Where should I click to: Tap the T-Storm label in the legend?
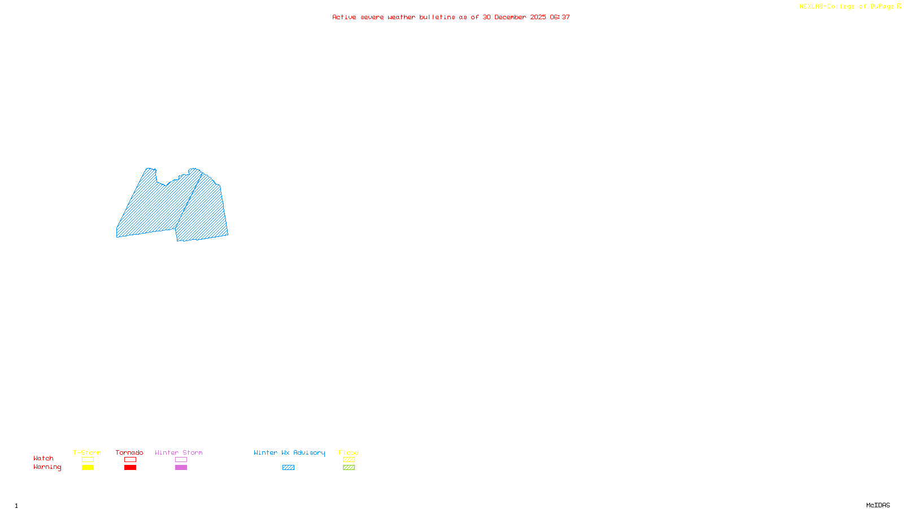(87, 452)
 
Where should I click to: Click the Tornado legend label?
(129, 452)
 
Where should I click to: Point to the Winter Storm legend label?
(179, 452)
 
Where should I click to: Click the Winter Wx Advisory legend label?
(289, 452)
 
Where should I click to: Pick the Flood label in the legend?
(349, 452)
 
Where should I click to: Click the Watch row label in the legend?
(44, 458)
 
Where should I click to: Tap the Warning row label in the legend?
(47, 467)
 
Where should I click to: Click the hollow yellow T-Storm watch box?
(88, 460)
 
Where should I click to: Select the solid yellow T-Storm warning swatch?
(88, 468)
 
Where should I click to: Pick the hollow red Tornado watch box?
(130, 460)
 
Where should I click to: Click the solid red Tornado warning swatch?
(130, 468)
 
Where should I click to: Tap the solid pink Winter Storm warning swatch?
(181, 468)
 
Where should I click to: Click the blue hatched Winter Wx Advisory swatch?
(288, 468)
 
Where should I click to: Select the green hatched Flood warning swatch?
(349, 468)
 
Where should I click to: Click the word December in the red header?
(510, 17)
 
